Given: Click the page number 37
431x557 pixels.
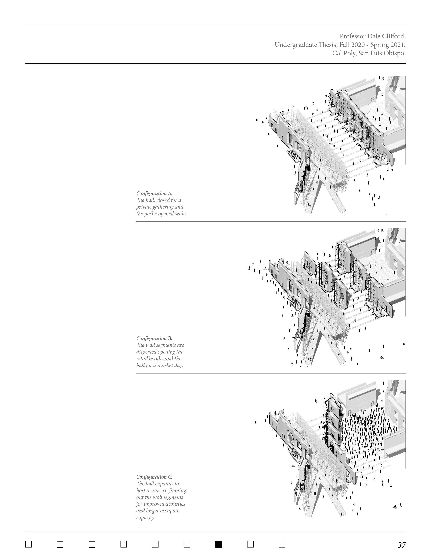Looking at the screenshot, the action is pyautogui.click(x=402, y=545).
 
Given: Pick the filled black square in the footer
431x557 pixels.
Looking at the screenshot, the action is pyautogui.click(x=219, y=544).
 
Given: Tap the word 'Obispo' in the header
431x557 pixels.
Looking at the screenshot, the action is pyautogui.click(x=394, y=54).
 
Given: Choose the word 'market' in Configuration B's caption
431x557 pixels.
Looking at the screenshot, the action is pyautogui.click(x=165, y=365).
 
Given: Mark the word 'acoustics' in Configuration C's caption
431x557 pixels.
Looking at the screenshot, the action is pyautogui.click(x=174, y=504).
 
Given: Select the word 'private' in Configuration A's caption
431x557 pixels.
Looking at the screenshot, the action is pyautogui.click(x=144, y=207).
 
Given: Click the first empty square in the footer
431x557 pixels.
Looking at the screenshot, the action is pyautogui.click(x=29, y=544).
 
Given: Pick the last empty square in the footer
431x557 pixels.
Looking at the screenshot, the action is pyautogui.click(x=282, y=544).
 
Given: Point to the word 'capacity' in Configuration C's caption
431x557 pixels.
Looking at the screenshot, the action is pyautogui.click(x=145, y=518).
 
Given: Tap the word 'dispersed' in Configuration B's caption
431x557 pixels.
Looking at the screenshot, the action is pyautogui.click(x=146, y=352).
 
